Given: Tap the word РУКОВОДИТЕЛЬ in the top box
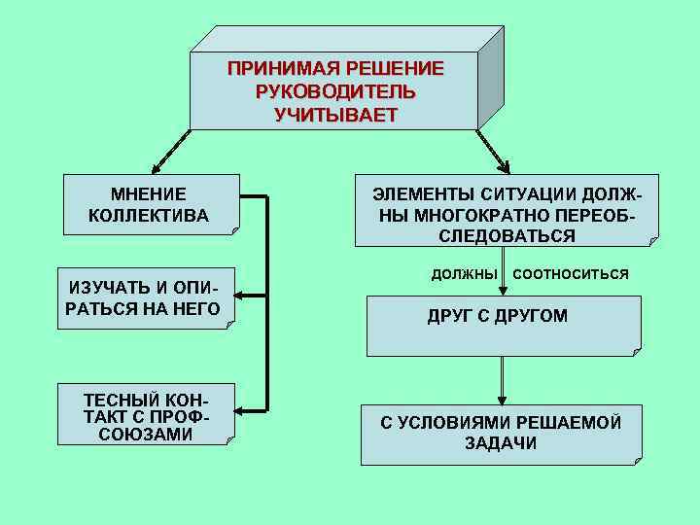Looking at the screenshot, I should tap(335, 92).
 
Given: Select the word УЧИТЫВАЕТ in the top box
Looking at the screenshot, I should tap(335, 115).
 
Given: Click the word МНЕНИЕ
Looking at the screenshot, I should tap(149, 194).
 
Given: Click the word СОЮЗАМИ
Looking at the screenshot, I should tap(146, 435).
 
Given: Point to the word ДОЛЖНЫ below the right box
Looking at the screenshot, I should tap(465, 274).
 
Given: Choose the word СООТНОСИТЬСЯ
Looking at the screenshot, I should tap(571, 274).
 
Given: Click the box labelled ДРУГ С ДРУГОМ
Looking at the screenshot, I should tap(503, 325).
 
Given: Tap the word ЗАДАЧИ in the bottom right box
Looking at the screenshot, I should tap(501, 443).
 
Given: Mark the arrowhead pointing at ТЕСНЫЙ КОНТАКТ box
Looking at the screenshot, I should tap(243, 409).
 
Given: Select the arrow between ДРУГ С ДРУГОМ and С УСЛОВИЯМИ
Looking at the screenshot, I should tap(502, 379).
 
